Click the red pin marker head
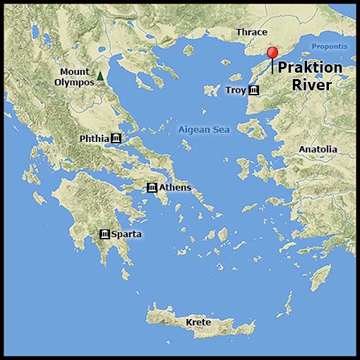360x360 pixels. pyautogui.click(x=272, y=52)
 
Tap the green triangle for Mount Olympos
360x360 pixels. pyautogui.click(x=101, y=76)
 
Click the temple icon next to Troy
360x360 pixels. pyautogui.click(x=253, y=90)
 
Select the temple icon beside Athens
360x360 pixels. pyautogui.click(x=152, y=187)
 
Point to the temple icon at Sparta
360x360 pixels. pyautogui.click(x=105, y=234)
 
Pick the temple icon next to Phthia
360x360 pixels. pyautogui.click(x=116, y=138)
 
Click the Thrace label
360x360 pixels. pyautogui.click(x=251, y=32)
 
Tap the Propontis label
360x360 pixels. pyautogui.click(x=330, y=47)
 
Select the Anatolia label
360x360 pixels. pyautogui.click(x=318, y=150)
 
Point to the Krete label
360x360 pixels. pyautogui.click(x=198, y=323)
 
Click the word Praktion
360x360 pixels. pyautogui.click(x=309, y=68)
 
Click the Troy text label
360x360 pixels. pyautogui.click(x=236, y=90)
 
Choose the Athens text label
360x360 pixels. pyautogui.click(x=175, y=187)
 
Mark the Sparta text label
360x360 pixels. pyautogui.click(x=121, y=234)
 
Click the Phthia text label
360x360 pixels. pyautogui.click(x=94, y=138)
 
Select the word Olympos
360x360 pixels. pyautogui.click(x=74, y=82)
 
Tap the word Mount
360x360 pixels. pyautogui.click(x=74, y=72)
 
